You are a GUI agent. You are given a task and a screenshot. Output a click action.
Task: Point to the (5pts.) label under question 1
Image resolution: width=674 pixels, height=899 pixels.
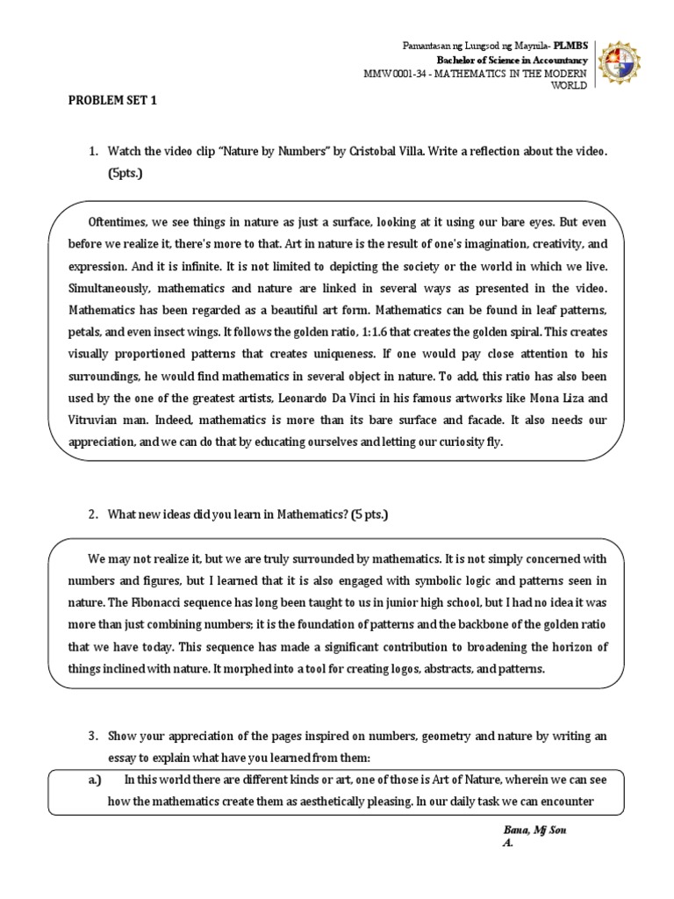125,174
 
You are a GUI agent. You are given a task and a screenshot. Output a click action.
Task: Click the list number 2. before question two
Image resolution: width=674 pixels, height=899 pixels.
92,514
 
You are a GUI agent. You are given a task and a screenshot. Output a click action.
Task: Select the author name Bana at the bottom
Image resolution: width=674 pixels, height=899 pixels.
517,830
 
